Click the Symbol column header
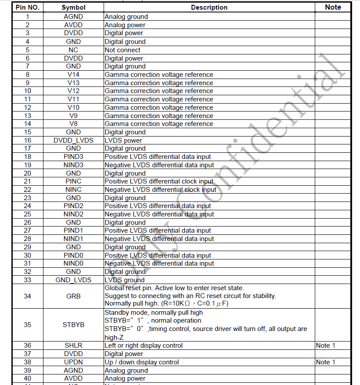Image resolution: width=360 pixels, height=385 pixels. pos(73,7)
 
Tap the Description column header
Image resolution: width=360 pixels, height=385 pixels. pos(209,7)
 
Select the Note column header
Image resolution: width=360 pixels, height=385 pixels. pos(333,7)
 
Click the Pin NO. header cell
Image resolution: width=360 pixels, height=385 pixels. pos(27,7)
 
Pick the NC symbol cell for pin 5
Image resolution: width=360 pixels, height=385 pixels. pos(73,50)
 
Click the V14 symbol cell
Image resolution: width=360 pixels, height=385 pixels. pos(73,75)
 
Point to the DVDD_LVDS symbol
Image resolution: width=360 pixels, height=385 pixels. pos(73,140)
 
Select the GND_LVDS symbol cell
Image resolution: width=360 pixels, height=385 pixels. pos(73,280)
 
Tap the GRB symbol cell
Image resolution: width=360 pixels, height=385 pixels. pos(73,296)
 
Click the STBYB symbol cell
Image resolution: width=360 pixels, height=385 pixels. pos(73,325)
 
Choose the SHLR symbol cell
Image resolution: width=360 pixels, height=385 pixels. pos(73,345)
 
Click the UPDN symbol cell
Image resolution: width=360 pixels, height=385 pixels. pos(73,362)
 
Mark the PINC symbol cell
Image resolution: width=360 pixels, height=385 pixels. pos(73,181)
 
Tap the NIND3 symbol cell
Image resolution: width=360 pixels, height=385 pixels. pos(73,165)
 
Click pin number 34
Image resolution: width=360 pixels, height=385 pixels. pos(27,296)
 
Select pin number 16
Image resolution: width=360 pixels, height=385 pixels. pos(27,140)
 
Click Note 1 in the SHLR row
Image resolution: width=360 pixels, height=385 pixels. pos(325,345)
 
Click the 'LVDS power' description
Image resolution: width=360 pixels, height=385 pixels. pos(123,140)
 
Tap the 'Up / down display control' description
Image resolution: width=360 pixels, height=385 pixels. pos(142,362)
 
